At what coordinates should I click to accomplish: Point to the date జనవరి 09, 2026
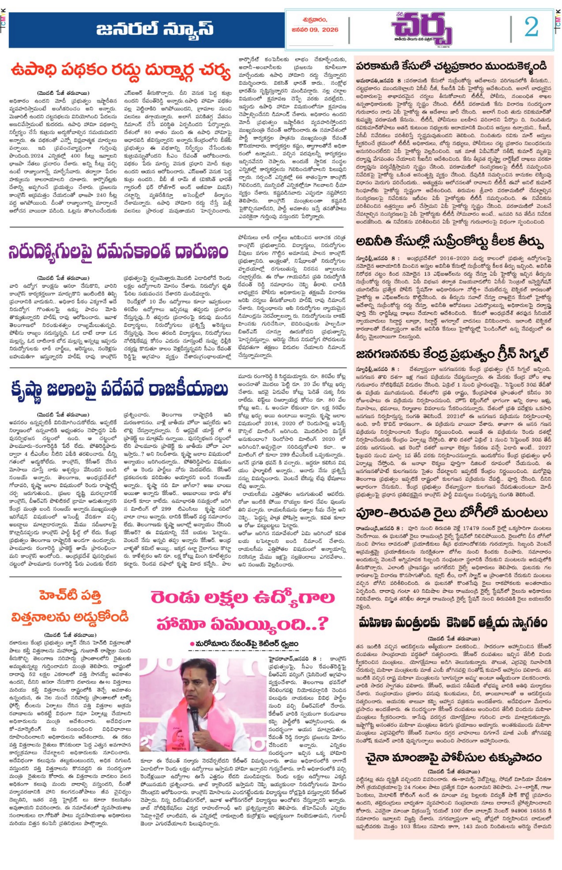(x=315, y=30)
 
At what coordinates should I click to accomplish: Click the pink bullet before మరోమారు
(x=192, y=644)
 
